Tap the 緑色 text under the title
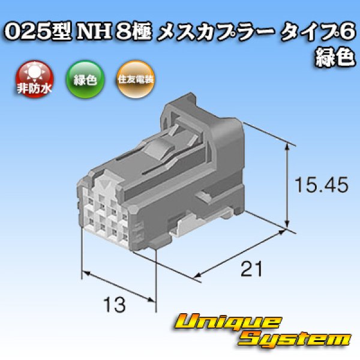[334, 58]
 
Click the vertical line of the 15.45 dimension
[290, 187]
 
